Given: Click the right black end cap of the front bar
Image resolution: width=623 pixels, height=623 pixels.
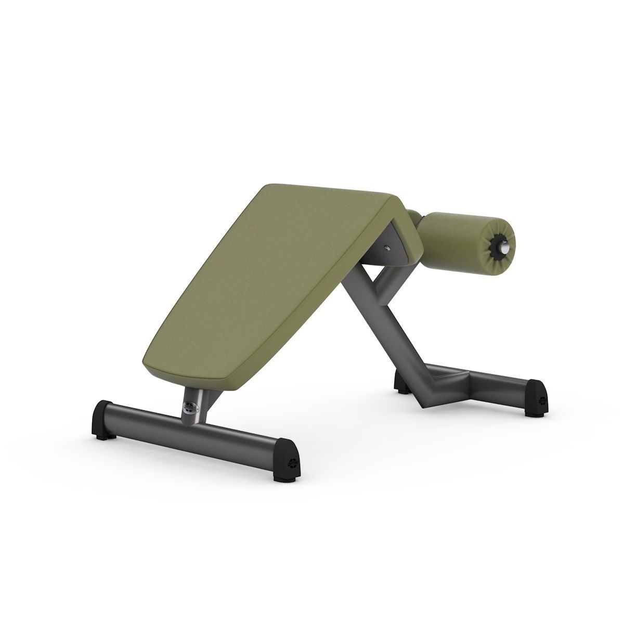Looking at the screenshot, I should (x=288, y=455).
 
